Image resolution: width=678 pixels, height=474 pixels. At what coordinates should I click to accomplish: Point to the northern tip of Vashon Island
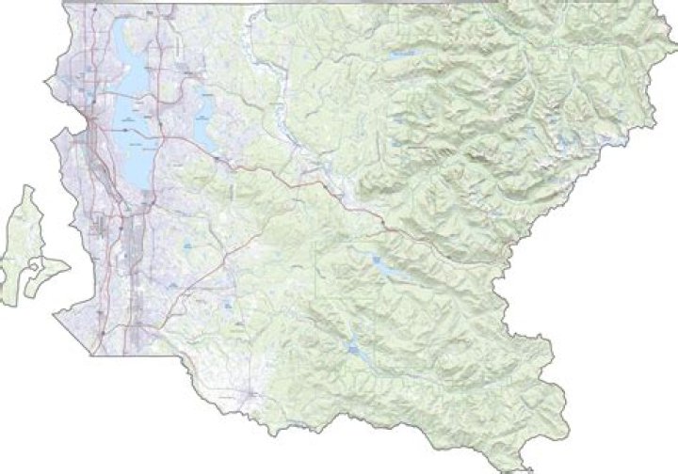[x=29, y=187]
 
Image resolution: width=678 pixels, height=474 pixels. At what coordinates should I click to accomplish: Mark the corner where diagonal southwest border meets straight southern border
[x=91, y=355]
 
